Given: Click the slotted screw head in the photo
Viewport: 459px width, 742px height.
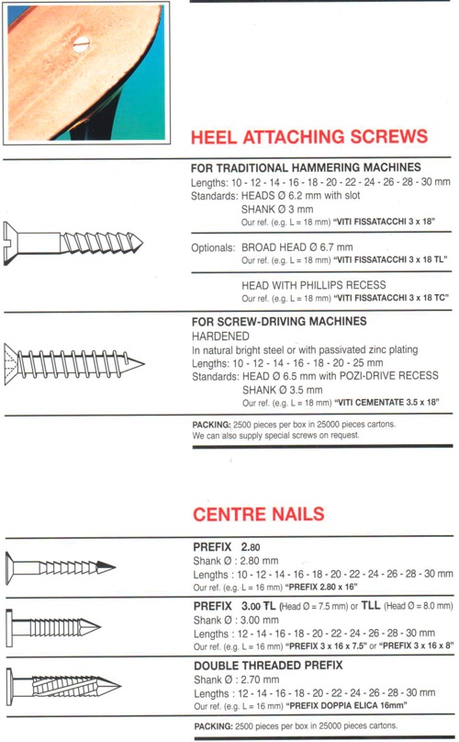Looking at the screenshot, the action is (x=82, y=44).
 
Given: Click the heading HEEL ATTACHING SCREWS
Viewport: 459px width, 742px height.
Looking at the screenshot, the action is (x=309, y=137).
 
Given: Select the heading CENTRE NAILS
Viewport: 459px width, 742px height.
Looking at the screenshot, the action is (x=259, y=514).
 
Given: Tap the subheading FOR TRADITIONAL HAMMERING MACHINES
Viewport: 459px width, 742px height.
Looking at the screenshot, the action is (x=306, y=167).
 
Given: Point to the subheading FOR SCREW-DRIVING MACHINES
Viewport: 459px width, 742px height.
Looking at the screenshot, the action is (x=279, y=321).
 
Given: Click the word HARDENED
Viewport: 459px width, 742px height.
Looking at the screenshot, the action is (x=220, y=336).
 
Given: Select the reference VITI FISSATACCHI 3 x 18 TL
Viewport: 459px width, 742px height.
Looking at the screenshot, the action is (x=390, y=259).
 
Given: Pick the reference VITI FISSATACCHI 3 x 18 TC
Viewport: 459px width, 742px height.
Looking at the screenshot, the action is (x=391, y=298).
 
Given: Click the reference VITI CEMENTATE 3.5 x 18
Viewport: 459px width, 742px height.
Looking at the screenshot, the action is (x=386, y=402).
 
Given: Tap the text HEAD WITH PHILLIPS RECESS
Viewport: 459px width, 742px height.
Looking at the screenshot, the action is (x=313, y=285).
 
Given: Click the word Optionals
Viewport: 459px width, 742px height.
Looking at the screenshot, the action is (x=213, y=247).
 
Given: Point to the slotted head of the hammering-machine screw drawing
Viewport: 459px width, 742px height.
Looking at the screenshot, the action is (x=10, y=244).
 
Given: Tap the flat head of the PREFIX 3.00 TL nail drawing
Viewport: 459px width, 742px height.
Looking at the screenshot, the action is (x=9, y=627).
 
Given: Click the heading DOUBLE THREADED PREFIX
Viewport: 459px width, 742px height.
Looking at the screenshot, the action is (x=268, y=666).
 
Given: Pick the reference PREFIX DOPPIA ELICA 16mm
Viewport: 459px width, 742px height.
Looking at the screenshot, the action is (x=346, y=705).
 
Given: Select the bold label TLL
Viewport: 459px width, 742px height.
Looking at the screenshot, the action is (x=371, y=605).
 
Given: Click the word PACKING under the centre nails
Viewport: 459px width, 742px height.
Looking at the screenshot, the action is (x=213, y=725).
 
